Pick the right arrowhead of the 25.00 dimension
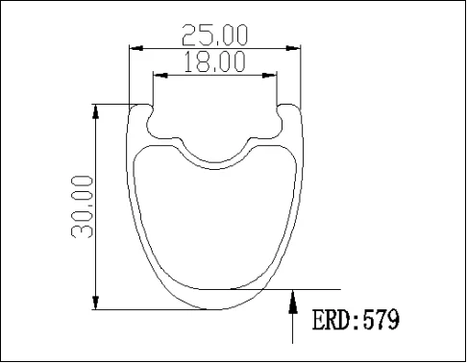click(295, 47)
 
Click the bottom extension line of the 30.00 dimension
click(144, 309)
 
